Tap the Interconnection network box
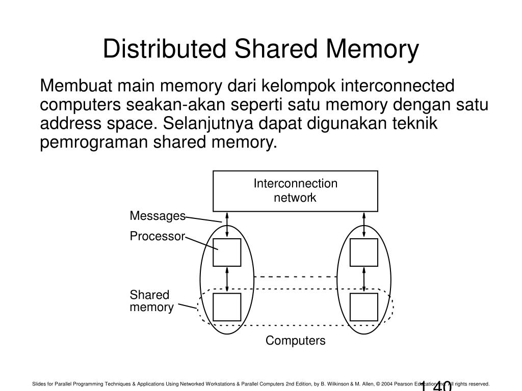click(295, 191)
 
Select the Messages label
click(158, 216)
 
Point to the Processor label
click(157, 237)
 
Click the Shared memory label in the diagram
click(151, 301)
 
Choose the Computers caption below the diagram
click(295, 341)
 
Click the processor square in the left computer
click(227, 253)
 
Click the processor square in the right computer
click(364, 253)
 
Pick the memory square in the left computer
click(227, 307)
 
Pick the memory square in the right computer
click(364, 307)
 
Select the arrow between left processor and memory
click(227, 280)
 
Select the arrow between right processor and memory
click(364, 280)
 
